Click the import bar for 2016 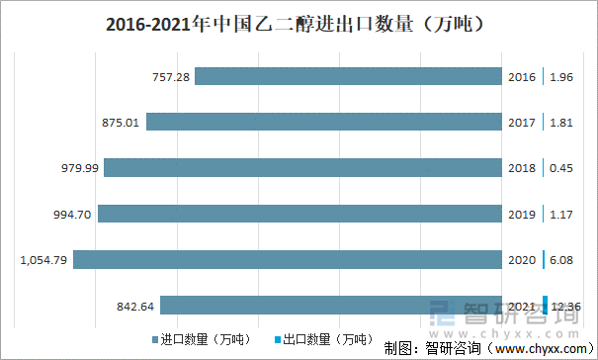pyautogui.click(x=348, y=76)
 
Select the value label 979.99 pyautogui.click(x=80, y=167)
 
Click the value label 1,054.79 pyautogui.click(x=44, y=259)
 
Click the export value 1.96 pyautogui.click(x=561, y=76)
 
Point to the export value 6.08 pyautogui.click(x=561, y=259)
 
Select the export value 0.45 pyautogui.click(x=561, y=167)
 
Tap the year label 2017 pyautogui.click(x=521, y=122)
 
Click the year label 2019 pyautogui.click(x=521, y=213)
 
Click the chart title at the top pyautogui.click(x=299, y=22)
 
